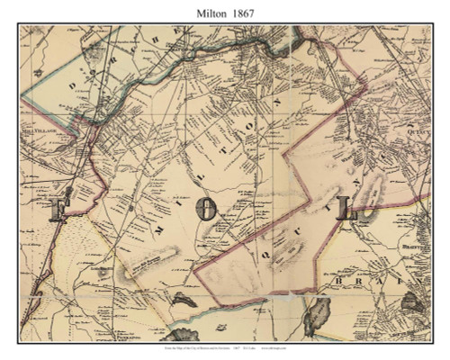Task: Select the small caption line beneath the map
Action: [225, 347]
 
